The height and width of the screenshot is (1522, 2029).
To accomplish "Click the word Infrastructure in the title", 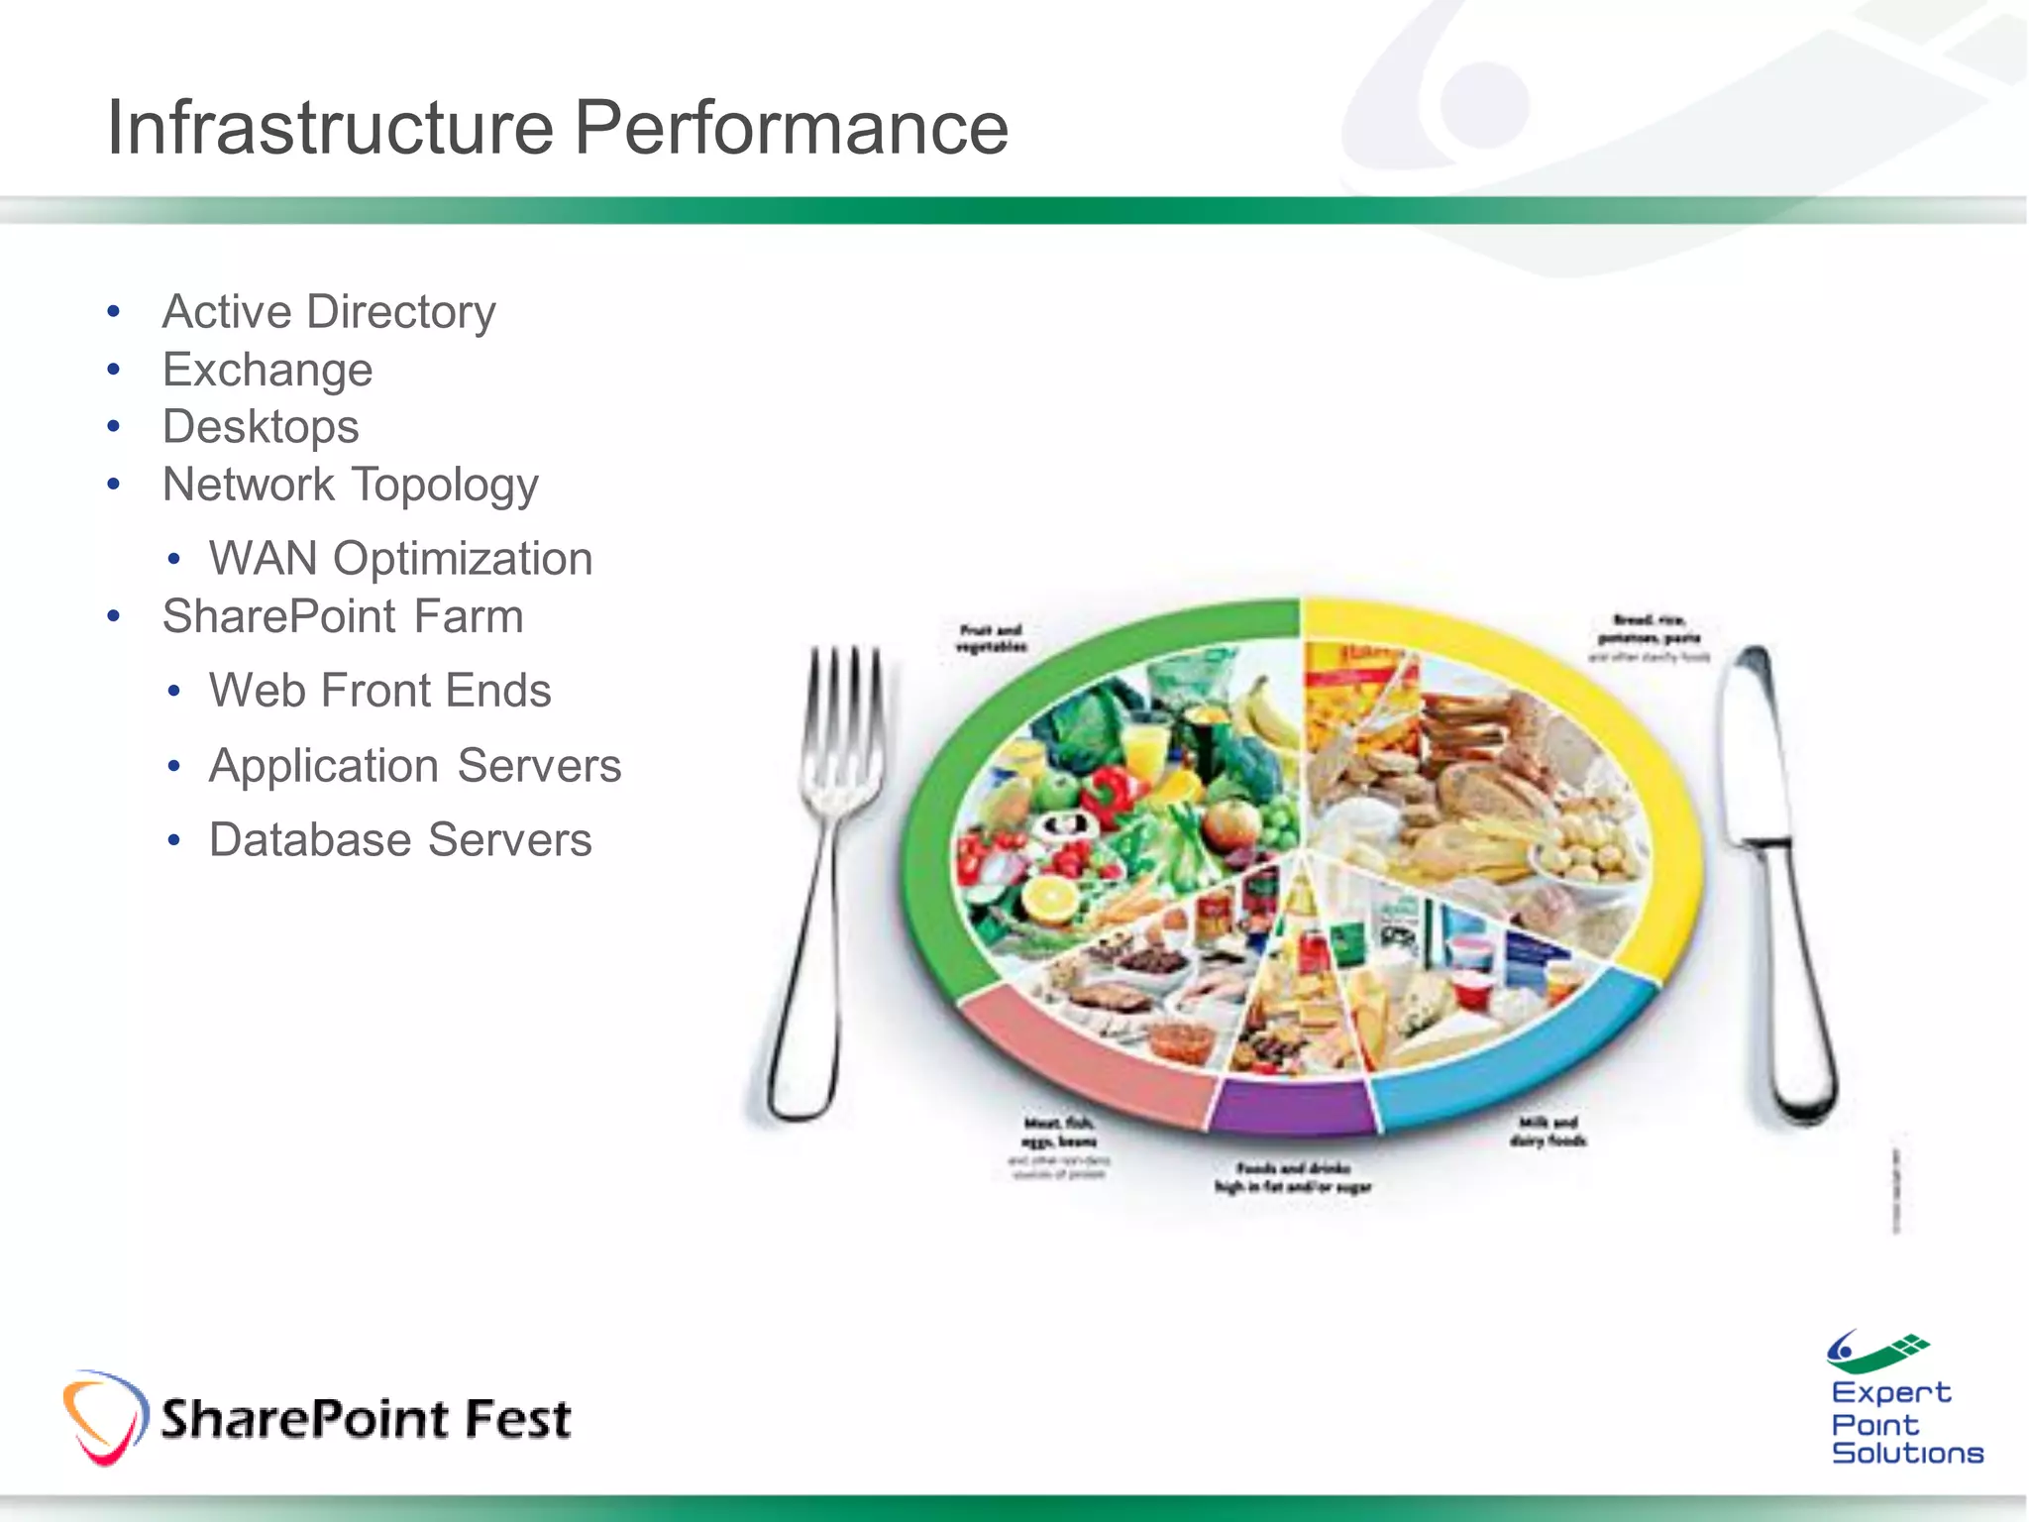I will [330, 128].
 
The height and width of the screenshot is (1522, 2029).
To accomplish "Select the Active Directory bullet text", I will [328, 312].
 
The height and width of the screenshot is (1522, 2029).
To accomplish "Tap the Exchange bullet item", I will [267, 370].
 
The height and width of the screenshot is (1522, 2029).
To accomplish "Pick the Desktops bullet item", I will [261, 427].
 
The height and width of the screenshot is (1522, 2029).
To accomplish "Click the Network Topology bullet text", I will [350, 486].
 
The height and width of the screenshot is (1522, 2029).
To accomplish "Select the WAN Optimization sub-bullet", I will [400, 559].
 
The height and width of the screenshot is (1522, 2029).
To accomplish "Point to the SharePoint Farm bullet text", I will [343, 616].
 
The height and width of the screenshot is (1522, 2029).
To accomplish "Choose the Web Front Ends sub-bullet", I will [379, 691].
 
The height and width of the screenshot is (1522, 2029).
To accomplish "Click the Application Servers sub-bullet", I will [415, 766].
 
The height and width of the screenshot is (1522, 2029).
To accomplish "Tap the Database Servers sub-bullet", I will [400, 840].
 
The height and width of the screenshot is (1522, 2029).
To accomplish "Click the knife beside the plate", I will [1773, 872].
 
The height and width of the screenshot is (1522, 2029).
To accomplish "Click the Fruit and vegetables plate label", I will [991, 638].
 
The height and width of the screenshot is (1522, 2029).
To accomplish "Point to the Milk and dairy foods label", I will [1548, 1131].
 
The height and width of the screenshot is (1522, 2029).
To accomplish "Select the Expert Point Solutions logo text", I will [1904, 1423].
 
